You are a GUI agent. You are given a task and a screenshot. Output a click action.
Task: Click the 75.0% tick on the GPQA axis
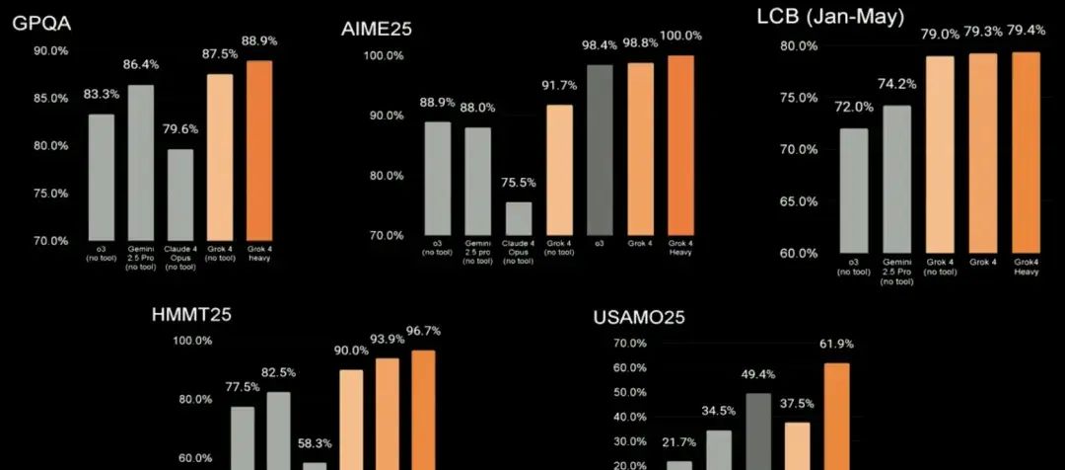point(50,194)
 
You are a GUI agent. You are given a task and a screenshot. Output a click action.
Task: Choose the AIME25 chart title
point(376,29)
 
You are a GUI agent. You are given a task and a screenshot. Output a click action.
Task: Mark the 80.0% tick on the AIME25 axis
point(388,176)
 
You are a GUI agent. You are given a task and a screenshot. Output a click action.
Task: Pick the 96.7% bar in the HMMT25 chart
point(423,409)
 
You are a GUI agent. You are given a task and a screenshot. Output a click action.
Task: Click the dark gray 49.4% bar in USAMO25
point(758,431)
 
